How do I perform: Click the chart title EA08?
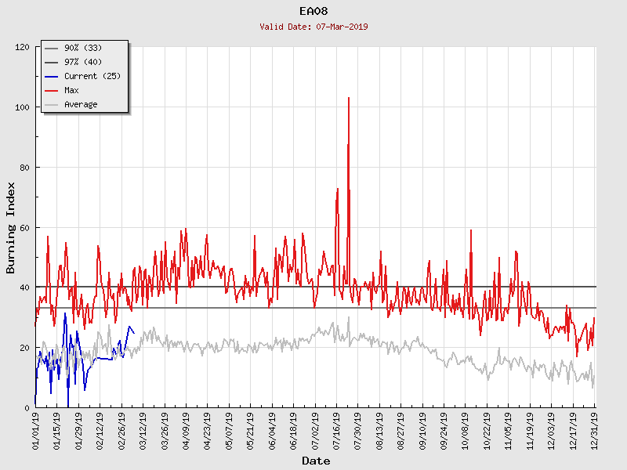(x=313, y=11)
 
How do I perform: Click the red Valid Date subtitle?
(x=313, y=27)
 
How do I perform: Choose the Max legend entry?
(x=71, y=90)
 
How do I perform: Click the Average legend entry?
(x=81, y=104)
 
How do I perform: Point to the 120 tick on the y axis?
(x=22, y=47)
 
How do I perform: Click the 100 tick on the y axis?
(x=22, y=107)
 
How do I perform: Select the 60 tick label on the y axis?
(x=24, y=227)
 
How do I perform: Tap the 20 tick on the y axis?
(x=24, y=348)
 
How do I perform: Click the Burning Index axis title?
(x=11, y=227)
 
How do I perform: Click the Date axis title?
(x=316, y=461)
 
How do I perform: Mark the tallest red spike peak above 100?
(x=348, y=98)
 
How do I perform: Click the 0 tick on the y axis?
(x=27, y=407)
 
